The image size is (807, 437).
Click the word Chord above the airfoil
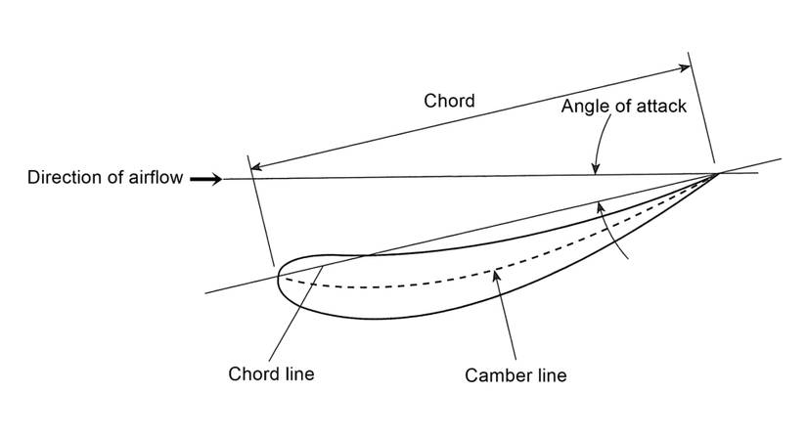[x=449, y=101]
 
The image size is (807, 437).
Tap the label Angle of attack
[x=623, y=107]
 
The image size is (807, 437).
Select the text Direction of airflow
[x=105, y=178]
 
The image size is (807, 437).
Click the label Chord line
[x=271, y=373]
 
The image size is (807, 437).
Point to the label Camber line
[x=516, y=374]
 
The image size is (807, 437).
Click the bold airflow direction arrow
[x=205, y=179]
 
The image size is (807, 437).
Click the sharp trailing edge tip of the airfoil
[x=718, y=174]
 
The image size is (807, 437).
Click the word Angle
[x=583, y=107]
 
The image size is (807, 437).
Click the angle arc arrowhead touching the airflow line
[x=595, y=169]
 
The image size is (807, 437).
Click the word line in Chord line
[x=297, y=373]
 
